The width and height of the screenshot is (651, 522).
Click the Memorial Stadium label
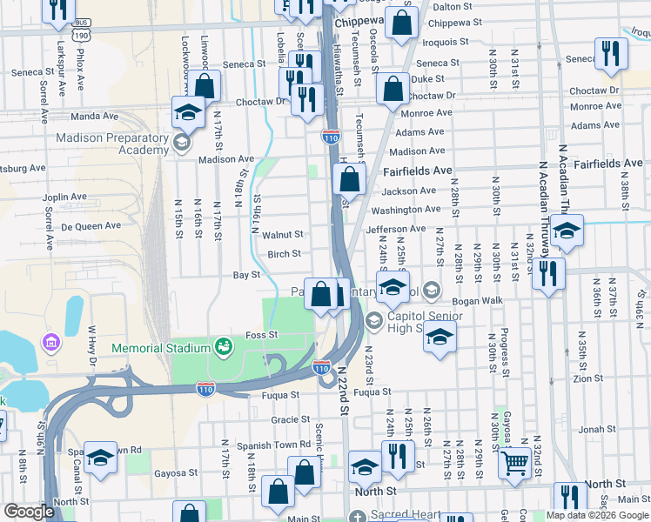[x=161, y=348]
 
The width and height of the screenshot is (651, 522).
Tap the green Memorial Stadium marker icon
[x=223, y=347]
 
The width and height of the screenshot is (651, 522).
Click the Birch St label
[x=284, y=254]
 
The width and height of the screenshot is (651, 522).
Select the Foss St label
[x=261, y=334]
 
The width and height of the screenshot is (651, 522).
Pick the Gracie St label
[x=285, y=418]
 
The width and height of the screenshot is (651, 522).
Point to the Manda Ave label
[x=96, y=116]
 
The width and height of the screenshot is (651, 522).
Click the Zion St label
[x=588, y=378]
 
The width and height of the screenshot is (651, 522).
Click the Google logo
[x=29, y=512]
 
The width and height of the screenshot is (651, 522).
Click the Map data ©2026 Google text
[x=597, y=515]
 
